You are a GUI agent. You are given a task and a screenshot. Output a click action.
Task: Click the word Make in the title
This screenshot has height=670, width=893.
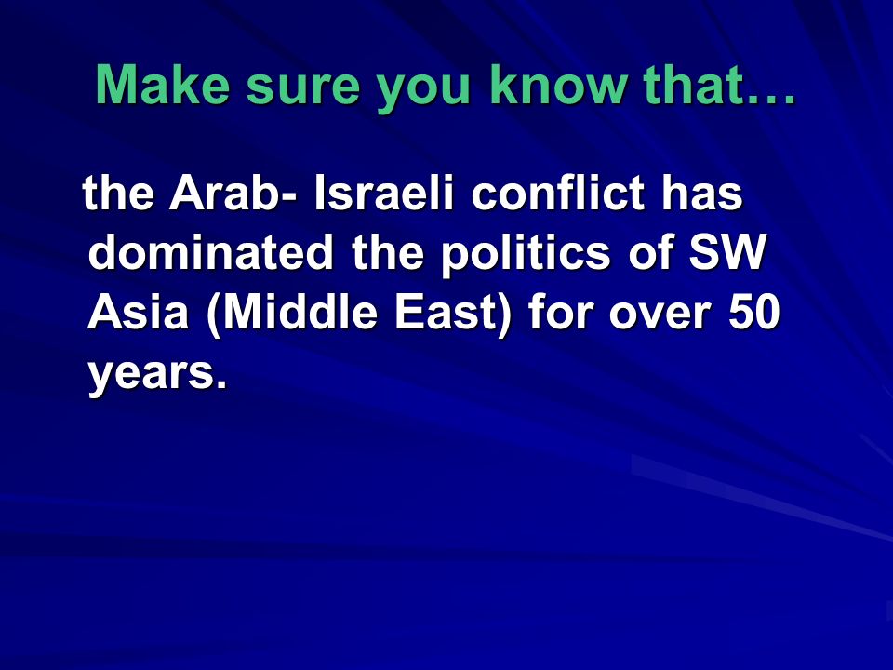click(x=162, y=85)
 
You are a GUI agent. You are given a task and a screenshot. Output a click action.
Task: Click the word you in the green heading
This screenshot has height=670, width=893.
click(x=424, y=90)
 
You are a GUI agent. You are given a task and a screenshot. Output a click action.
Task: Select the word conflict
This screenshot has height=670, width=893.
click(x=557, y=193)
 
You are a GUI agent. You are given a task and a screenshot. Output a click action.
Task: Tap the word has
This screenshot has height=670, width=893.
click(x=701, y=193)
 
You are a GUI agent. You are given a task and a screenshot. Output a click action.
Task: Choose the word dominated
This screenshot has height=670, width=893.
click(x=211, y=252)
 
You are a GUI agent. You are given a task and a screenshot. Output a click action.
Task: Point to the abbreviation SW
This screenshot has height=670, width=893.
click(x=727, y=252)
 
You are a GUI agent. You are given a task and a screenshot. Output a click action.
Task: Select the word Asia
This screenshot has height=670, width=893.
click(x=138, y=313)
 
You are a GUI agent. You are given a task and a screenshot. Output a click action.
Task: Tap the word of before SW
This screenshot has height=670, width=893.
click(x=650, y=252)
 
